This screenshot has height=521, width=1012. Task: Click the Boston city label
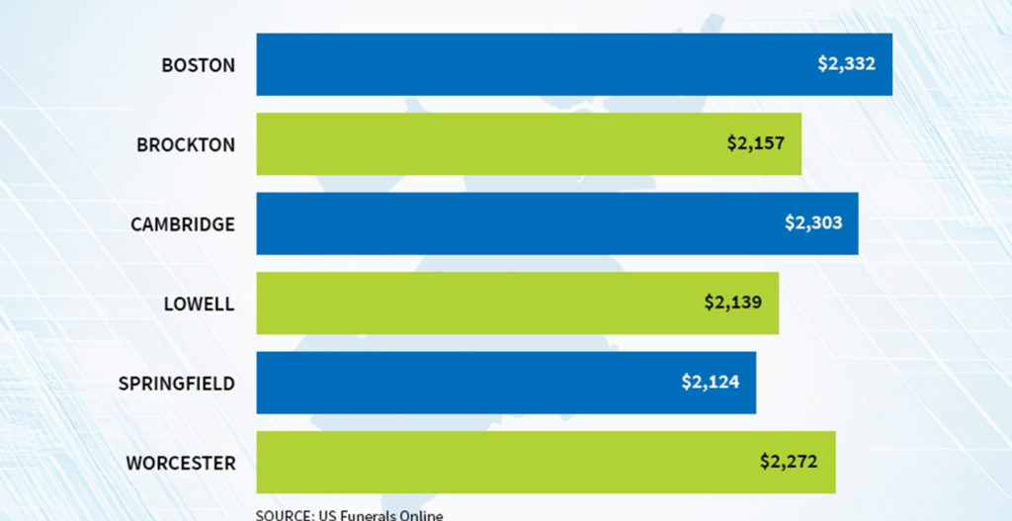(x=199, y=65)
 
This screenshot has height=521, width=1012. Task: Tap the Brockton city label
(x=186, y=144)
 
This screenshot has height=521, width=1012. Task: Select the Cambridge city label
(x=183, y=224)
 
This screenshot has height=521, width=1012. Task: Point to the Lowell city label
(x=200, y=304)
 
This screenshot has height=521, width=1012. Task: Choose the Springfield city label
(x=177, y=383)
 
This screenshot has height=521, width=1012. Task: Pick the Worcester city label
(x=181, y=463)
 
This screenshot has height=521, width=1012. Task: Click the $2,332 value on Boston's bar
(x=847, y=63)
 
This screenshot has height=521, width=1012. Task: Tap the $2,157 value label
(x=756, y=143)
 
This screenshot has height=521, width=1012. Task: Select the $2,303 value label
(x=813, y=222)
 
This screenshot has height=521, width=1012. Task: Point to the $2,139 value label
(x=733, y=302)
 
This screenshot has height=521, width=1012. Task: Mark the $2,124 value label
(x=711, y=382)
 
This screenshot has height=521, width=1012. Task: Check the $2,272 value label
(x=789, y=461)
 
